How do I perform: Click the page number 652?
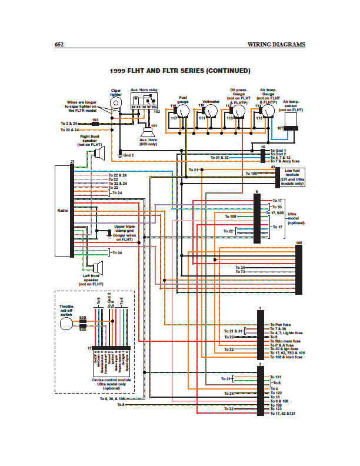click(59, 45)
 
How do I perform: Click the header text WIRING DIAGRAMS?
click(276, 45)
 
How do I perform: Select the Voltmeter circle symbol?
click(211, 110)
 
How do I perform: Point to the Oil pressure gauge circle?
click(239, 110)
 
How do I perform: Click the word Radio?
click(63, 210)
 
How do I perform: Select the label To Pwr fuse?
click(281, 324)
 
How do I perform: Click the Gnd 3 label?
click(128, 155)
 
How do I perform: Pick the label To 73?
click(240, 272)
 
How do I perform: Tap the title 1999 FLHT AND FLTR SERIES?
click(180, 71)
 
